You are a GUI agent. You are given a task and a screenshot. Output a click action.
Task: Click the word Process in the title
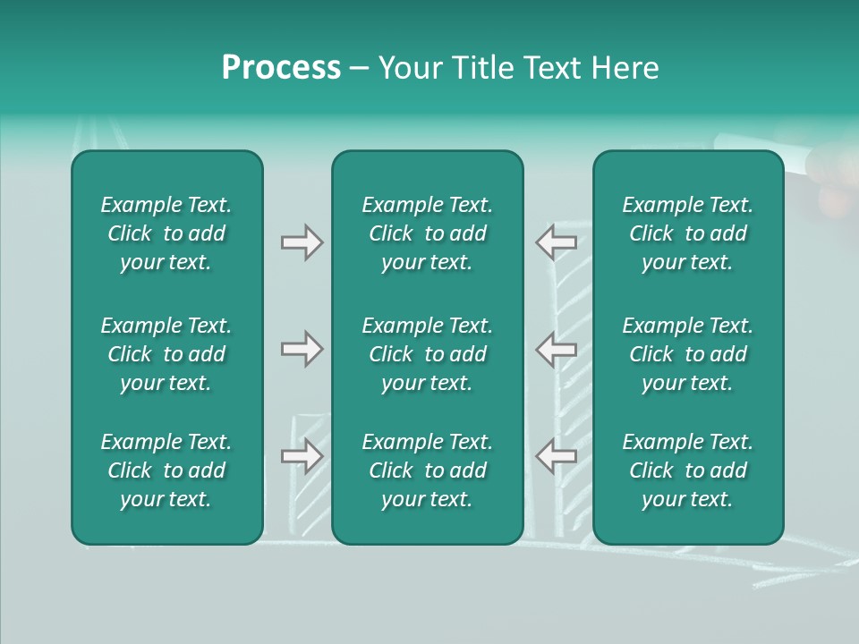tap(281, 68)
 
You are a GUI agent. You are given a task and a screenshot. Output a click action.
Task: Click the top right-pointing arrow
tap(302, 242)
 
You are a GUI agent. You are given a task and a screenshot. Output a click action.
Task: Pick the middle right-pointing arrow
tap(302, 349)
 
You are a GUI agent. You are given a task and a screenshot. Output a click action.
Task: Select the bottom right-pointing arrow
tap(302, 455)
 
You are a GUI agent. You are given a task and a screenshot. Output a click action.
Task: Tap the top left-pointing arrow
tap(557, 242)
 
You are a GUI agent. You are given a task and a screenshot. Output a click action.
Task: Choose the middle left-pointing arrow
tap(557, 349)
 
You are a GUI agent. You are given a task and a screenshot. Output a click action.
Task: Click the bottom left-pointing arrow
tap(557, 455)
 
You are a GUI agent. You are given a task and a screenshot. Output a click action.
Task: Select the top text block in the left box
tap(166, 233)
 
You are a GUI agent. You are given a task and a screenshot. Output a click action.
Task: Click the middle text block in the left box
tap(166, 354)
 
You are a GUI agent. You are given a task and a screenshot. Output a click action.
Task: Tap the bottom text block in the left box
tap(166, 470)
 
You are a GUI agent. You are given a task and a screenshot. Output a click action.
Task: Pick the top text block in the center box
tap(427, 233)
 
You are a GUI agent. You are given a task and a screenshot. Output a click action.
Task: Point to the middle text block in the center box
tap(427, 354)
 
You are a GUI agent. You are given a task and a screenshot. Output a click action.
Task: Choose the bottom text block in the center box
tap(427, 470)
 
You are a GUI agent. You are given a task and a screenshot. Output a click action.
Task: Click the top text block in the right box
tap(687, 233)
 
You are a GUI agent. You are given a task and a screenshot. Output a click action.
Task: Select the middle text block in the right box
tap(687, 354)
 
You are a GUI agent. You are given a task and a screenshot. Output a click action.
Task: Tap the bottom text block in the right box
tap(687, 470)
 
